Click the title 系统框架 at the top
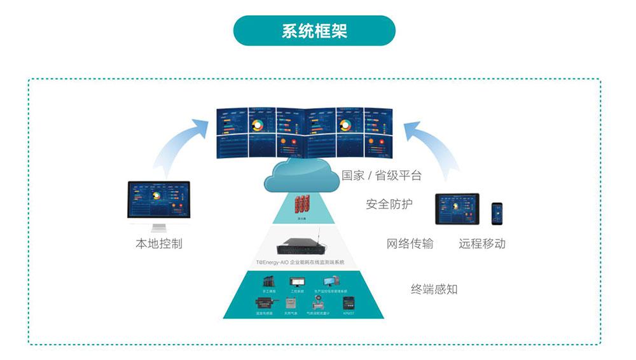tap(314, 31)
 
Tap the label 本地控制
tap(159, 244)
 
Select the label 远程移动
tap(482, 244)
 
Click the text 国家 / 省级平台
tap(381, 175)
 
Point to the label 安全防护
tap(389, 204)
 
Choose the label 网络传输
tap(410, 244)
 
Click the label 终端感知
tap(434, 289)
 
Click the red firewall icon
tap(301, 204)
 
